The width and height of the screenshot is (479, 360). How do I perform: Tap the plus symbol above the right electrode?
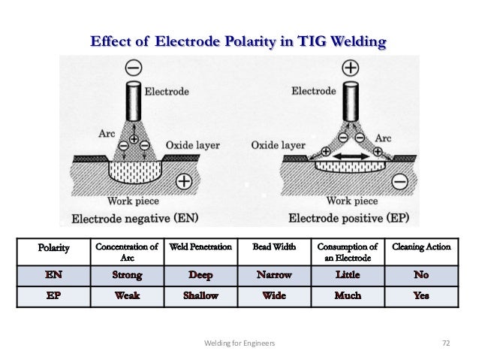tap(350, 68)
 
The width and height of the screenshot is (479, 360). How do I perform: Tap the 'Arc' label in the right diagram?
tap(383, 138)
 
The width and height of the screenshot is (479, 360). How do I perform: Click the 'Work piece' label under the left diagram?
tap(133, 201)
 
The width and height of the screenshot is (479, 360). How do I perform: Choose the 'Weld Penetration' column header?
tap(200, 246)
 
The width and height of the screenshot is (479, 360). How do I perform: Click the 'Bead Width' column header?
tap(274, 246)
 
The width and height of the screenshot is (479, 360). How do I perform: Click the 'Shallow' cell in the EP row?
tap(200, 296)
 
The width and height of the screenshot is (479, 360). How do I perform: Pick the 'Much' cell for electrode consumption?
tap(347, 296)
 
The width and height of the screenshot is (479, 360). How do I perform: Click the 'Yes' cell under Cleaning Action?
tap(420, 296)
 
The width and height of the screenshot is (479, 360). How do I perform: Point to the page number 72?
tap(445, 342)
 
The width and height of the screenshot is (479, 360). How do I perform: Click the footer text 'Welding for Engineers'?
tap(239, 342)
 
